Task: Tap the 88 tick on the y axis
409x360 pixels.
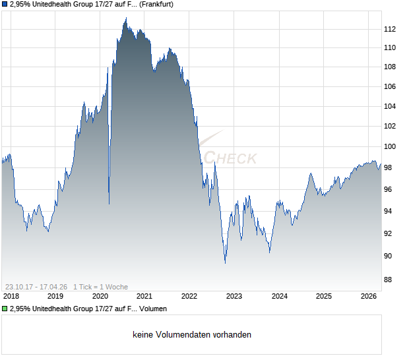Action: coord(389,280)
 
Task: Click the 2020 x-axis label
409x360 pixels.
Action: coord(100,296)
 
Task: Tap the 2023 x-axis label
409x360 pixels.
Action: coord(234,296)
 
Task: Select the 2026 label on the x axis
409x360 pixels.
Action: coord(368,296)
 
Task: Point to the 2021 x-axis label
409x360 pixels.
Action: coord(144,296)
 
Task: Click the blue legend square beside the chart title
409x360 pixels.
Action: coord(5,5)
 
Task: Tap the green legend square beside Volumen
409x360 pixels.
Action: coord(5,309)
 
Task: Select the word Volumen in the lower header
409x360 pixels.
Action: coord(153,309)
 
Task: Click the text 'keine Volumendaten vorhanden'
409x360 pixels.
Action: coord(192,335)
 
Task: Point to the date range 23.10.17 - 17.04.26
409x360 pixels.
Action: coord(36,287)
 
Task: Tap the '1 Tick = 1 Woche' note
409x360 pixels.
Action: coord(100,287)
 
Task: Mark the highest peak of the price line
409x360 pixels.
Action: coord(125,18)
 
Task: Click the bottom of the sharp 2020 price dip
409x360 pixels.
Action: coord(109,204)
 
